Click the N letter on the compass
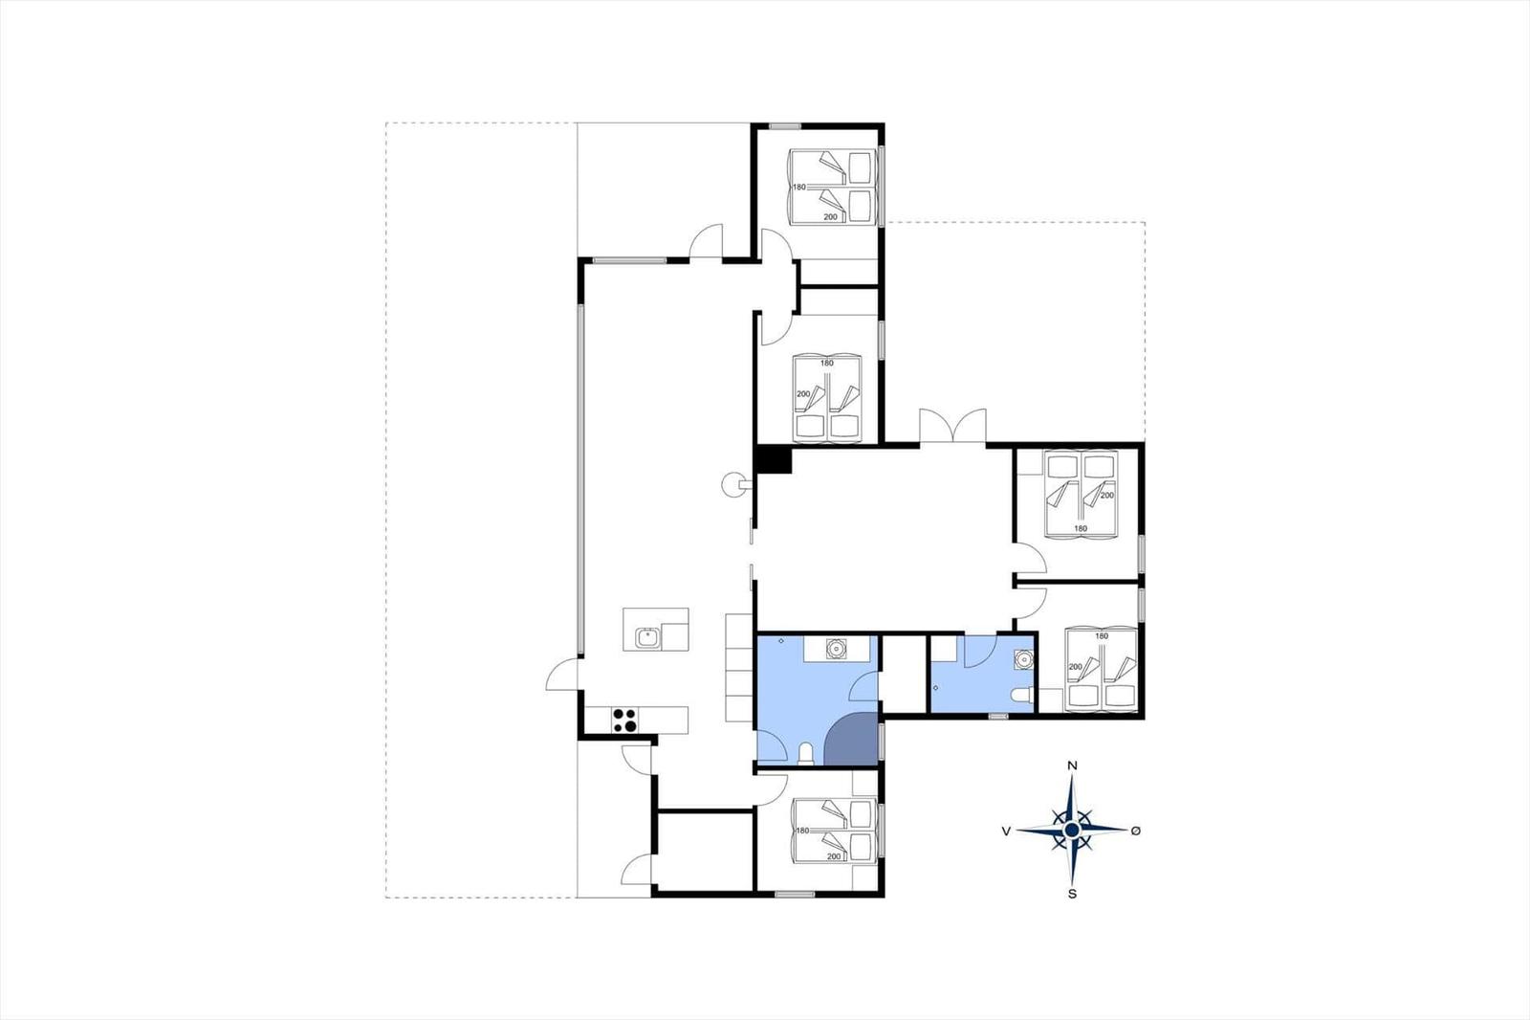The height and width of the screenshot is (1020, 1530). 1072,765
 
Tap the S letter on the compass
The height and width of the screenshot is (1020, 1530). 1072,894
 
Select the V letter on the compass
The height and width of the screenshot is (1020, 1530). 1006,831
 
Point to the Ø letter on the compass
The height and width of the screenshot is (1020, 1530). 1136,830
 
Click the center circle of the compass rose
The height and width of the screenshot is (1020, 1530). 1072,830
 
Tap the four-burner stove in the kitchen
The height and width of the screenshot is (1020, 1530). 147,720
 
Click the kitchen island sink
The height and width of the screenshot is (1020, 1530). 168,638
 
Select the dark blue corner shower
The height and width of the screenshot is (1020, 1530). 851,739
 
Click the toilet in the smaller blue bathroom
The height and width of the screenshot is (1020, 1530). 1022,696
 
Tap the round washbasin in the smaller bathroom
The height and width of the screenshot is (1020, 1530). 1023,658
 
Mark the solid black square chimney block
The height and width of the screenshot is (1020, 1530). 775,458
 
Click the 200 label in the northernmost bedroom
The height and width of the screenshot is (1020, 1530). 830,216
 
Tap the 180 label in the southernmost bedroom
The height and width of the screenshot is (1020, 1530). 802,831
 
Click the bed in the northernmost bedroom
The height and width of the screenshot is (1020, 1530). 833,187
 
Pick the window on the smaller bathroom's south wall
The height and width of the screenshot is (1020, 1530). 998,716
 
